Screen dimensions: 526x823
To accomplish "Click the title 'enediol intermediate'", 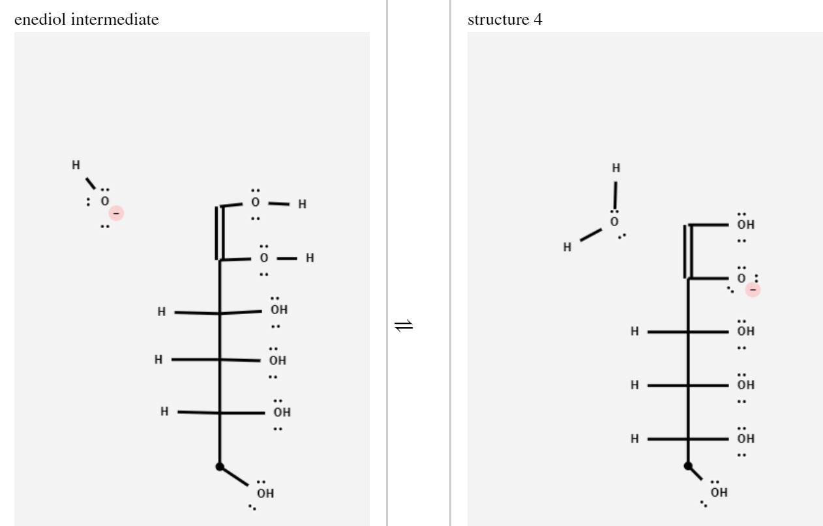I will coord(86,20).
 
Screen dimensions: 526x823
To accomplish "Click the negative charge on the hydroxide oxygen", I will coord(117,213).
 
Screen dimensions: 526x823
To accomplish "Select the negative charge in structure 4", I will coord(753,289).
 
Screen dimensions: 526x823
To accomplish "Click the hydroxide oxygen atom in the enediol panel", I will coord(104,202).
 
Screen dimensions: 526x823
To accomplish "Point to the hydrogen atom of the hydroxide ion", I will coord(76,165).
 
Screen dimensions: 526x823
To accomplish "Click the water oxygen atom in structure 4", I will coord(614,222).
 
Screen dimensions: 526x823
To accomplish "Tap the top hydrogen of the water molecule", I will coord(616,168).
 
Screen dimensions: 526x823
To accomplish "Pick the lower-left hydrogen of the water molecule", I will coord(567,247).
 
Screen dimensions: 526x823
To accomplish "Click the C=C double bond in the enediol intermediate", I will coord(219,233).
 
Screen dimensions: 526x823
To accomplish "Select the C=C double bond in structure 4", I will coord(687,252).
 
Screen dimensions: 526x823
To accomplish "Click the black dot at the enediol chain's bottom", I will coord(220,467).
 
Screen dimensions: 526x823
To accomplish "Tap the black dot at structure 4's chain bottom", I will coord(688,466).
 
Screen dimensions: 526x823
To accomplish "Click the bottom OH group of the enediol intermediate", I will coord(265,493).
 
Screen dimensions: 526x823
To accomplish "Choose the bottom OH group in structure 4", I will coord(719,492).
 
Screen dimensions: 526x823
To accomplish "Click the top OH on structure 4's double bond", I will coord(745,225).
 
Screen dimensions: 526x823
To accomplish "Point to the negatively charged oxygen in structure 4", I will coord(741,278).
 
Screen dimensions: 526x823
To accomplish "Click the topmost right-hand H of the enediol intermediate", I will coord(302,205).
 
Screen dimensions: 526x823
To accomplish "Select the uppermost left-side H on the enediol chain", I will coord(162,312).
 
